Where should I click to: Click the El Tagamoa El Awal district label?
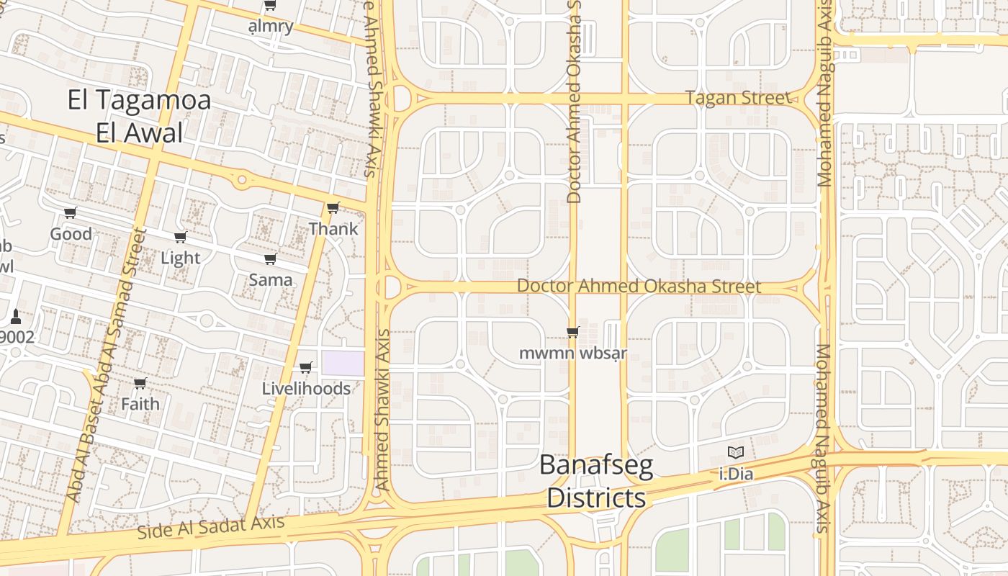click(x=139, y=116)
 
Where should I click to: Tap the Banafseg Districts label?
click(x=596, y=482)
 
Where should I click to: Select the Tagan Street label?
click(x=737, y=97)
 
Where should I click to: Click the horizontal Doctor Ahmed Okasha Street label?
click(x=639, y=287)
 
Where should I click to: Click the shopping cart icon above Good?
click(x=71, y=212)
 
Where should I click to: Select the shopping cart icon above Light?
click(x=181, y=237)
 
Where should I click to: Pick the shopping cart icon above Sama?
click(x=270, y=258)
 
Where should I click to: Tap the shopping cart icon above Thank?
click(x=333, y=207)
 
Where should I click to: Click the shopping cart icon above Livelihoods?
click(x=305, y=368)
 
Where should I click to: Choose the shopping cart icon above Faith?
click(x=140, y=383)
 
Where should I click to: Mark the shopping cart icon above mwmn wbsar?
click(x=573, y=332)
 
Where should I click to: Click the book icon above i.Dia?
click(x=735, y=452)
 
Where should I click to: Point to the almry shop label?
click(x=271, y=27)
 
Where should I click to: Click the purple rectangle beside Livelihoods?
click(x=343, y=363)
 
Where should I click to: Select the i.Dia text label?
click(x=736, y=474)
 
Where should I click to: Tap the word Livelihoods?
click(x=306, y=389)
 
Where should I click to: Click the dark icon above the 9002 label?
click(x=16, y=316)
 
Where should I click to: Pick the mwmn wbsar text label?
click(x=573, y=354)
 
